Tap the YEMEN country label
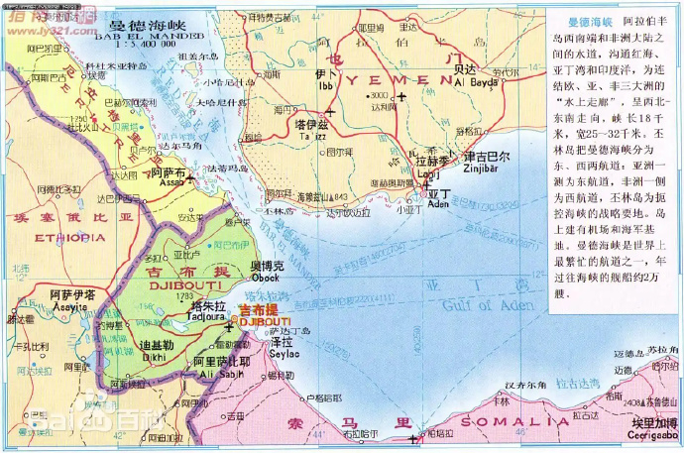(396, 77)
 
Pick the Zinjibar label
(487, 168)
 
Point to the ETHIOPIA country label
(68, 238)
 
